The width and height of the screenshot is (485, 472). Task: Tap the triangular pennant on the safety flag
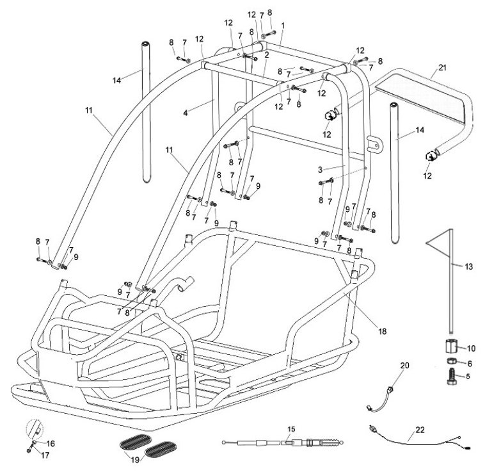[x=438, y=246]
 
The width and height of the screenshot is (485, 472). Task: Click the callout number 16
[x=51, y=443]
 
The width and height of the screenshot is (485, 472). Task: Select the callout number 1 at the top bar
[x=283, y=24]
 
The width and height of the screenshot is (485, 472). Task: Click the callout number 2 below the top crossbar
[x=266, y=55]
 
